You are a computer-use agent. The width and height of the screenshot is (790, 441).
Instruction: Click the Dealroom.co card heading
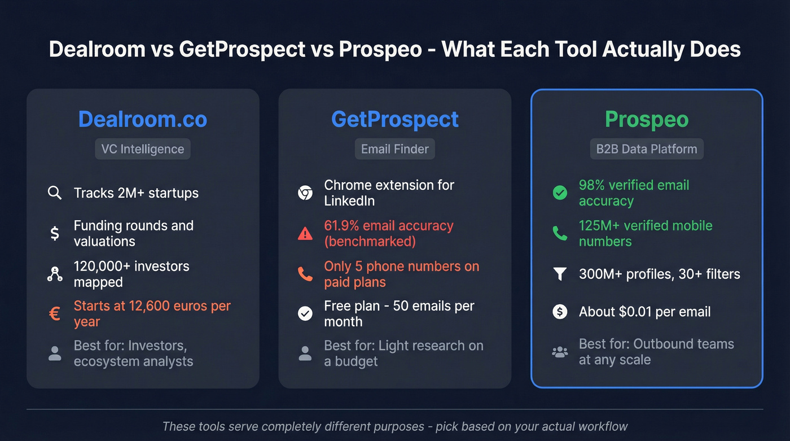click(x=143, y=119)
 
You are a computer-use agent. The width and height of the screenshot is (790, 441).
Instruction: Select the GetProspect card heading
click(x=394, y=119)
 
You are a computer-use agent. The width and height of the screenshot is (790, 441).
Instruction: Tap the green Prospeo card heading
click(x=647, y=120)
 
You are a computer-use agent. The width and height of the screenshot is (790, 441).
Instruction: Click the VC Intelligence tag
click(x=143, y=149)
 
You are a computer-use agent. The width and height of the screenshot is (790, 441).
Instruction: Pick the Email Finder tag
click(x=395, y=149)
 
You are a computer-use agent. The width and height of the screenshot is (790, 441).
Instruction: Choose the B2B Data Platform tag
click(x=647, y=149)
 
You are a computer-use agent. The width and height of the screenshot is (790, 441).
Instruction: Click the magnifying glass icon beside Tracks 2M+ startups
click(x=55, y=193)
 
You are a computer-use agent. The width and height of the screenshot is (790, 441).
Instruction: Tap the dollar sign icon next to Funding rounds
click(x=55, y=233)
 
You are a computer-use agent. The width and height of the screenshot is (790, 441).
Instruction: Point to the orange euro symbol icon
click(x=55, y=314)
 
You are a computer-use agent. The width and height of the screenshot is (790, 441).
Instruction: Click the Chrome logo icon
click(x=305, y=193)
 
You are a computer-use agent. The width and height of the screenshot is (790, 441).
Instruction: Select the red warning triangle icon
click(x=305, y=234)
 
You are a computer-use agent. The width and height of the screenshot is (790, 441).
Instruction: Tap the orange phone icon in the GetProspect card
click(x=305, y=274)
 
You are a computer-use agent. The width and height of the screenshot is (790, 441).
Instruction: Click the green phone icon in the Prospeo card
click(x=560, y=234)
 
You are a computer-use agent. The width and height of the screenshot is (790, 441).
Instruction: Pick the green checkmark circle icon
click(x=560, y=193)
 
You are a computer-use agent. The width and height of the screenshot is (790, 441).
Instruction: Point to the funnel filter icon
click(x=560, y=274)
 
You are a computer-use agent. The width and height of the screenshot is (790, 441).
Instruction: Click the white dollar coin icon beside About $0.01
click(x=560, y=312)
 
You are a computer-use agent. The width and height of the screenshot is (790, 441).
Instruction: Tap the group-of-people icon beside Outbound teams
click(x=560, y=352)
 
